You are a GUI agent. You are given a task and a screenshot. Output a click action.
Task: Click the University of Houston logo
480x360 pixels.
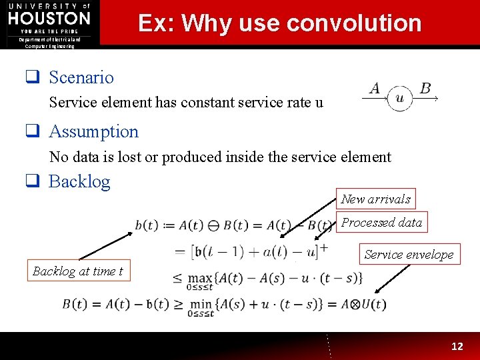[49, 21]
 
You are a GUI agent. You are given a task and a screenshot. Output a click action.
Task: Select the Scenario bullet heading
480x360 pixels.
[81, 77]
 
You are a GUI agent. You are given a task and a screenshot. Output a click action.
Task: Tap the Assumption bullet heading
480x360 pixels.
[93, 131]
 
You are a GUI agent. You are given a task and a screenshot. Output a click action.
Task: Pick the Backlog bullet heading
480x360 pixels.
[79, 181]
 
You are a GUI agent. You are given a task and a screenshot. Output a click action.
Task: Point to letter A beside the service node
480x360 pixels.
[375, 89]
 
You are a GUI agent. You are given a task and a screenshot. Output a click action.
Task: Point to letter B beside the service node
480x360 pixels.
[425, 89]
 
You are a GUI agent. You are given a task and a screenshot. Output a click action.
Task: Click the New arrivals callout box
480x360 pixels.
[376, 199]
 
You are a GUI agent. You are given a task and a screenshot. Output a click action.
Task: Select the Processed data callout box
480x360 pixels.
[382, 223]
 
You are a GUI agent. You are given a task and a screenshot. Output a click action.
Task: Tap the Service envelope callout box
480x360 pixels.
[409, 254]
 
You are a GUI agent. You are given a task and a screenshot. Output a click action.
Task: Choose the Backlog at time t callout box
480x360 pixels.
[78, 271]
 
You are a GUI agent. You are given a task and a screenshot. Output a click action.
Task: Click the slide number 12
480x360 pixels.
[457, 346]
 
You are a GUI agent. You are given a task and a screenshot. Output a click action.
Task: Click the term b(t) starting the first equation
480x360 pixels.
[147, 225]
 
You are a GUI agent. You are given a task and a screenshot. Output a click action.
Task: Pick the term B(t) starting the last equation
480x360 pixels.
[75, 304]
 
